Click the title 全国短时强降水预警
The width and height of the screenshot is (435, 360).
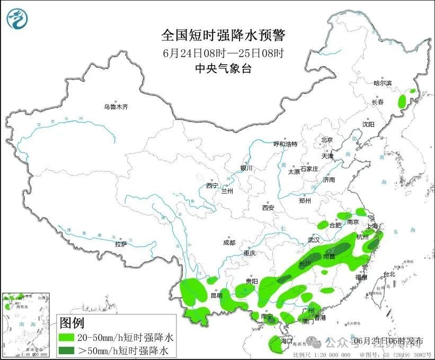point(223,36)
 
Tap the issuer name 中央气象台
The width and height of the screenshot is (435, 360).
point(223,68)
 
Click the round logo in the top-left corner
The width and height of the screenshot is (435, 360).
point(17,19)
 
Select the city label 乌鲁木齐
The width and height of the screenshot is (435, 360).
point(116,107)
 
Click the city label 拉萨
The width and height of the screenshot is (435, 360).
point(121,244)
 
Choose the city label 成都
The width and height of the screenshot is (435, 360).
point(229,243)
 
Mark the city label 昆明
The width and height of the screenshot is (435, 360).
point(217,295)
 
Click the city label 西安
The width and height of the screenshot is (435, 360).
point(268,208)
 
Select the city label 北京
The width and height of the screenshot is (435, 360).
point(326,140)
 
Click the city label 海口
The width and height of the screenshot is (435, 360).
point(287,340)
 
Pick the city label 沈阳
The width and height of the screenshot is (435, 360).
point(368,124)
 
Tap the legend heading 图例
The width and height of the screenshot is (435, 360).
point(72,322)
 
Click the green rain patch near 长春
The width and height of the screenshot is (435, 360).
point(402,100)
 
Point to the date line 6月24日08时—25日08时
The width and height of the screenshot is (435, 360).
point(223,52)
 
